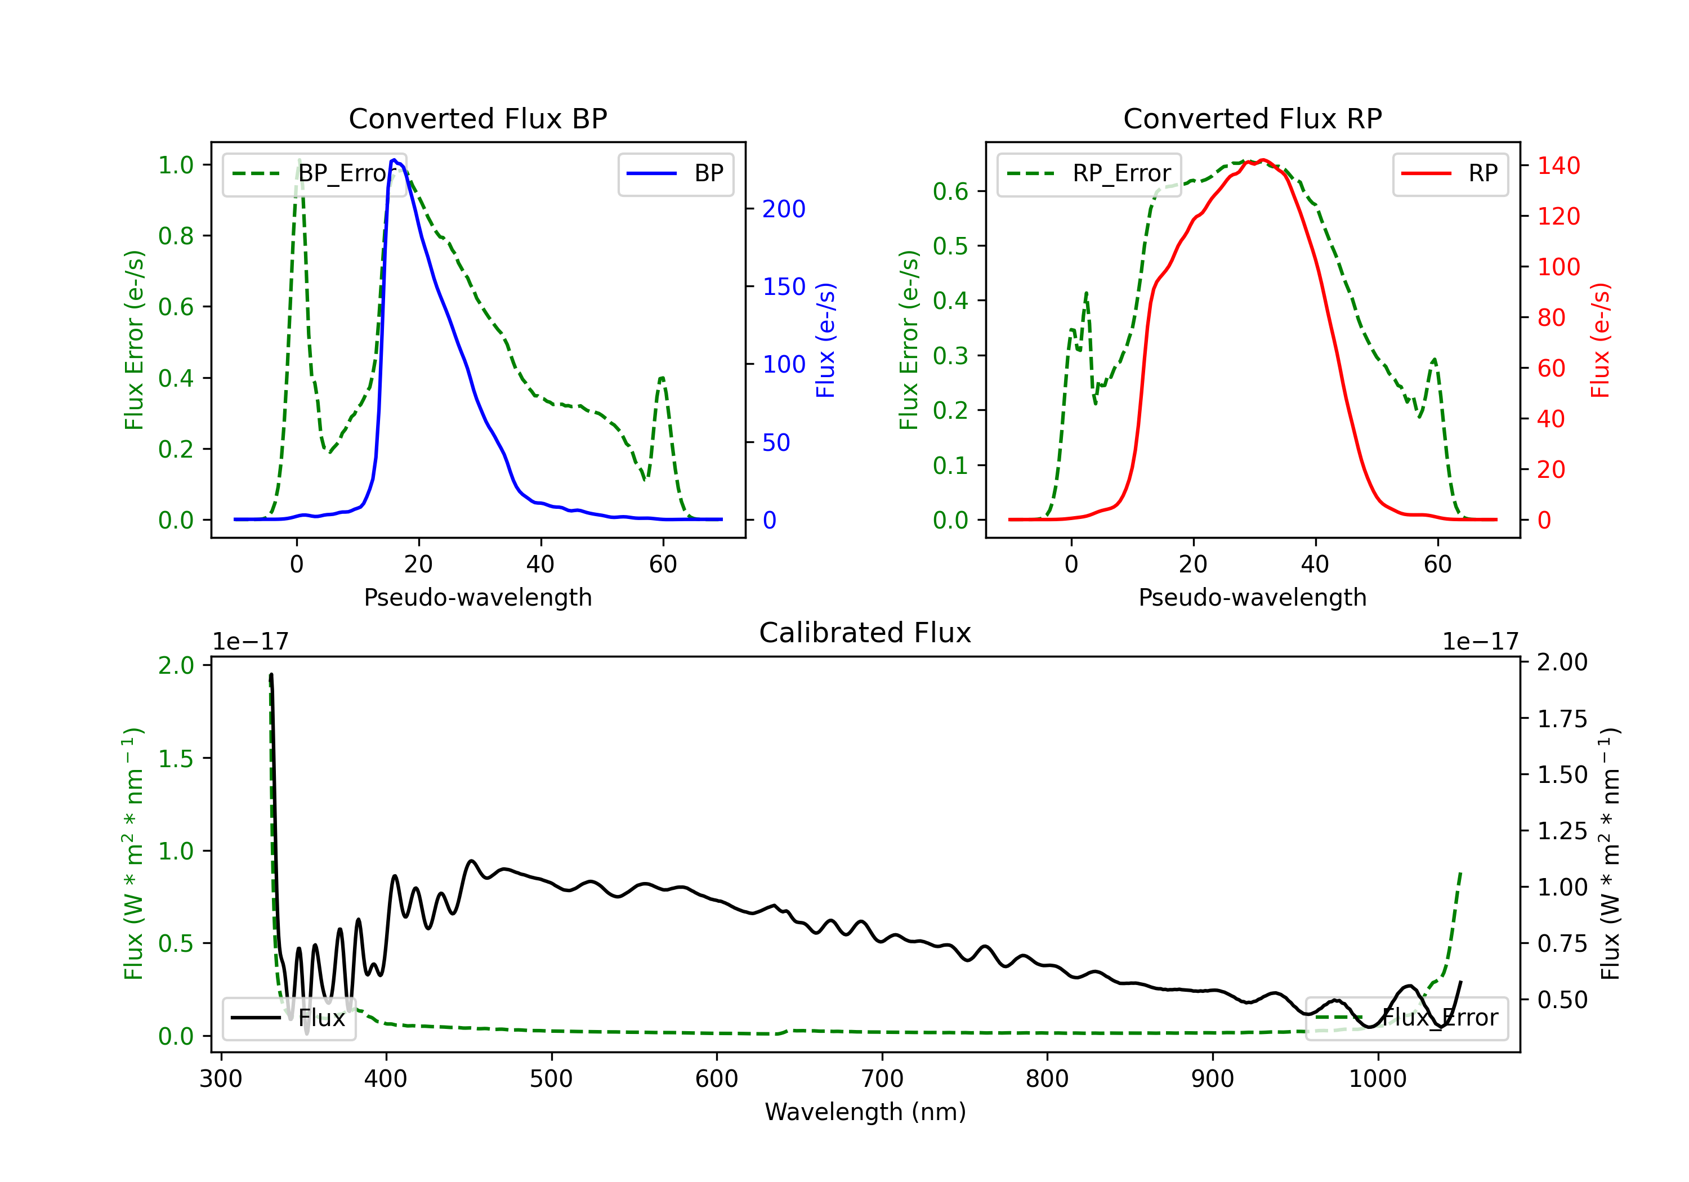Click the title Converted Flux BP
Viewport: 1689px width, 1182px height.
(x=477, y=118)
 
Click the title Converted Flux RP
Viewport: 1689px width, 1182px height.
(x=1252, y=118)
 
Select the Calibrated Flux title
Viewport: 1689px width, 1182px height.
(x=865, y=633)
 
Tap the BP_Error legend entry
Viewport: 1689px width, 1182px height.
(x=314, y=173)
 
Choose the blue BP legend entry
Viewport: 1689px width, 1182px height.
(x=675, y=173)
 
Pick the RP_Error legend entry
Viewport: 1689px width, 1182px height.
(x=1089, y=173)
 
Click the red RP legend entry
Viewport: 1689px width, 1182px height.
(x=1450, y=173)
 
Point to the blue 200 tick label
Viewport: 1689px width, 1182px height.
(x=784, y=209)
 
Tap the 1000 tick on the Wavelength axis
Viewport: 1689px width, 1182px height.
(x=1378, y=1078)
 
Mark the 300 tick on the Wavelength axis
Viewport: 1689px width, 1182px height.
(x=221, y=1078)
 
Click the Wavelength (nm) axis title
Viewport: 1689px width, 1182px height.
(x=865, y=1112)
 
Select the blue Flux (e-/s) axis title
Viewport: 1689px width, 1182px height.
(x=825, y=340)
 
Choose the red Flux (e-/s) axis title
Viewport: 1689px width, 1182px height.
(x=1601, y=340)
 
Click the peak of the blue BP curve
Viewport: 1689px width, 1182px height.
(x=394, y=160)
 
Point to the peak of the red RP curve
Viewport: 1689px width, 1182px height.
(x=1262, y=160)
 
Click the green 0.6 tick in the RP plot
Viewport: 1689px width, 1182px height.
(x=950, y=191)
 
